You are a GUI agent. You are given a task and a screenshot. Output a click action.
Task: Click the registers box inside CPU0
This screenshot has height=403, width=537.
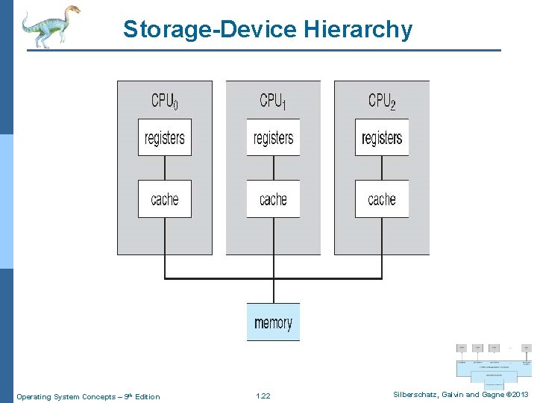[x=165, y=137]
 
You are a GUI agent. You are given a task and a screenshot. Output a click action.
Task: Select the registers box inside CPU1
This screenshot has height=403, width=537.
[x=273, y=137]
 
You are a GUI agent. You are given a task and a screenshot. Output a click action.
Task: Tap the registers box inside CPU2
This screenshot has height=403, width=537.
[x=382, y=137]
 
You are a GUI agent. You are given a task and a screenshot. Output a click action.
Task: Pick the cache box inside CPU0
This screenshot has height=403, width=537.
[x=165, y=199]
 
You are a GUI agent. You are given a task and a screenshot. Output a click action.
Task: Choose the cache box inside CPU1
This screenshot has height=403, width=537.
[x=273, y=199]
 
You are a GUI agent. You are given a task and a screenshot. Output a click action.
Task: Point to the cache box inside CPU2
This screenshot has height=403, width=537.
[x=382, y=199]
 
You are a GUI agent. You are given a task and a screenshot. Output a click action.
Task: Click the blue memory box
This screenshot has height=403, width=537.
[x=273, y=322]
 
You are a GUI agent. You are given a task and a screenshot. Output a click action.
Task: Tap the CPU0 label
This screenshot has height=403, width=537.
[x=164, y=100]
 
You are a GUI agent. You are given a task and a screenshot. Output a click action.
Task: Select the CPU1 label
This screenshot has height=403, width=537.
[x=273, y=100]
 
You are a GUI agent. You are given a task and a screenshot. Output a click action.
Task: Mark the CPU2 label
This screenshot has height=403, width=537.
[x=382, y=100]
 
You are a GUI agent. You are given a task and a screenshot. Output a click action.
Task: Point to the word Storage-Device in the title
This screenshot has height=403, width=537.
[x=211, y=29]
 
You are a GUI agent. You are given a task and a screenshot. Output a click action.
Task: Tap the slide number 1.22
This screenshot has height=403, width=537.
[x=263, y=396]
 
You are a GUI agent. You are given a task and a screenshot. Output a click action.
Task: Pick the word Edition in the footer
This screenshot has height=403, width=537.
[x=147, y=396]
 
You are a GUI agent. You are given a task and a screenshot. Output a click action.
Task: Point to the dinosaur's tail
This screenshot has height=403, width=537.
[x=27, y=32]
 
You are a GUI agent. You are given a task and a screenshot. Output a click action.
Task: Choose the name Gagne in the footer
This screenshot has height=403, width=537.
[x=492, y=395]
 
